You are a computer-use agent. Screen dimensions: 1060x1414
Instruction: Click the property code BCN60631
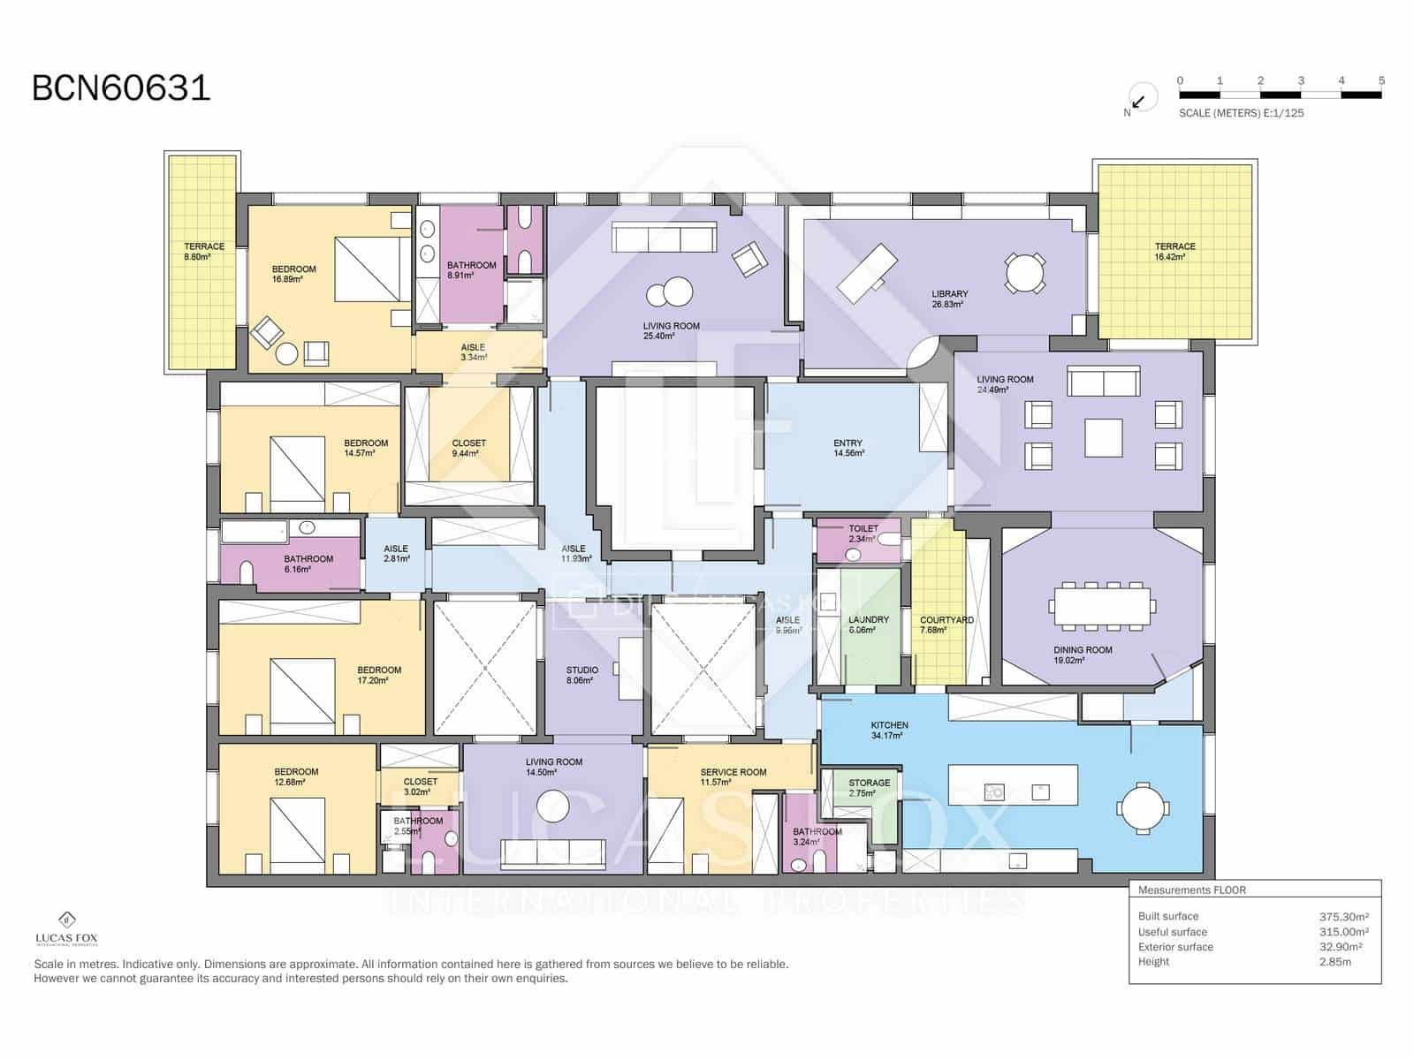[x=121, y=88]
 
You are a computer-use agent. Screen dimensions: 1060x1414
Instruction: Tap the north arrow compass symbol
[x=1140, y=99]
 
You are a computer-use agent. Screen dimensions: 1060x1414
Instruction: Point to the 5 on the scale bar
[x=1381, y=80]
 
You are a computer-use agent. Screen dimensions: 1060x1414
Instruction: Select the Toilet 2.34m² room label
[x=863, y=534]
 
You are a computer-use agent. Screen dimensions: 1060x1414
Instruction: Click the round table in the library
[x=1025, y=273]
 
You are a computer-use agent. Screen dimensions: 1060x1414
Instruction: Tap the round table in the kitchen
[x=1143, y=807]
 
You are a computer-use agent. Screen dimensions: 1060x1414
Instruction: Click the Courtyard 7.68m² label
[x=946, y=625]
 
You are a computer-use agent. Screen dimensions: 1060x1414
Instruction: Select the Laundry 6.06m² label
[x=868, y=625]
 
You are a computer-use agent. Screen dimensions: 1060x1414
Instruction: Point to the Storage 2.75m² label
[x=869, y=788]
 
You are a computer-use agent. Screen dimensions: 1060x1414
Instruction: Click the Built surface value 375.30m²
[x=1343, y=917]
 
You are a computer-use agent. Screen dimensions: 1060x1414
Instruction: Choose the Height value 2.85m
[x=1334, y=962]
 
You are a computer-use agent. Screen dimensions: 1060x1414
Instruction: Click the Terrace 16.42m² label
[x=1175, y=252]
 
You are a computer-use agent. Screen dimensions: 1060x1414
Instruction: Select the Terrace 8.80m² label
[x=203, y=252]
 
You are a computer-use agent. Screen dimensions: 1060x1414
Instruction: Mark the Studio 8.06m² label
[x=582, y=675]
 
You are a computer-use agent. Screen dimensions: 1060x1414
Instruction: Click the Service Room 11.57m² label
[x=733, y=776]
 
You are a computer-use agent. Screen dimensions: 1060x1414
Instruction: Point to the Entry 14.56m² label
[x=848, y=448]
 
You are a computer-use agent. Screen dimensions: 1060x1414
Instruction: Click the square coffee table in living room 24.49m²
[x=1103, y=437]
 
